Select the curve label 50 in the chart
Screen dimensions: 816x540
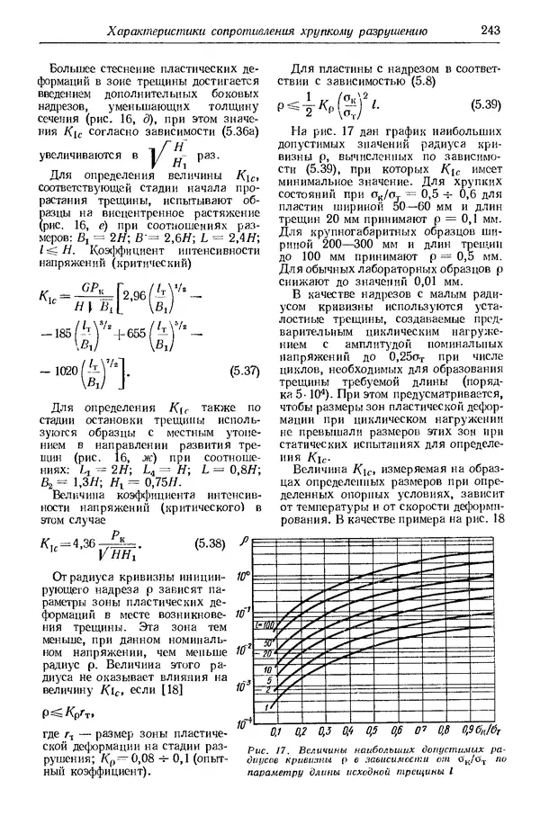pos(266,642)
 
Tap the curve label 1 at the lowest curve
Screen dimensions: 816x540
pos(266,709)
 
